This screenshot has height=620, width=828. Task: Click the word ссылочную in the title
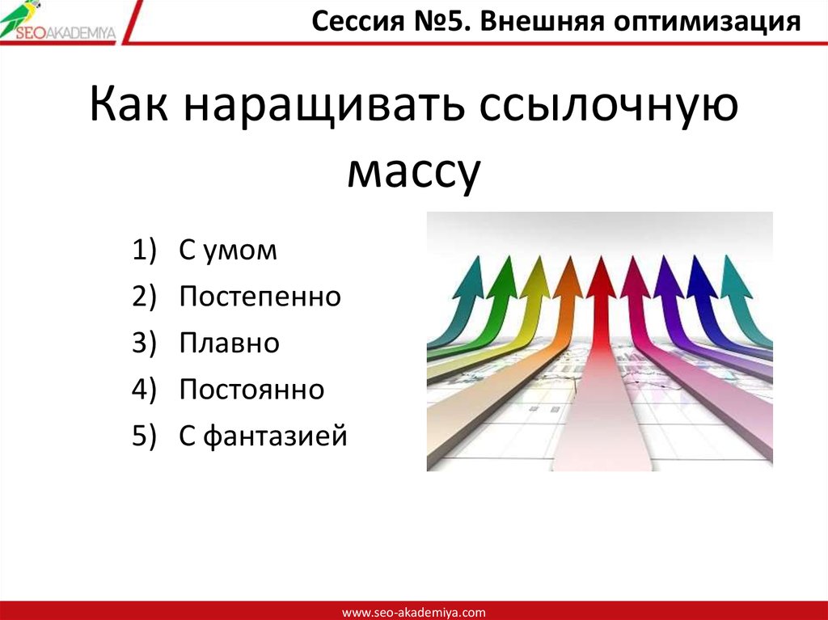609,110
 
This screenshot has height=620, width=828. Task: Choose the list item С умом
228,251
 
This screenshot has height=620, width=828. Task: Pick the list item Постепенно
260,297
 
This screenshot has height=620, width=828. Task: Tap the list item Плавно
229,344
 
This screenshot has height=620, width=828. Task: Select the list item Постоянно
251,390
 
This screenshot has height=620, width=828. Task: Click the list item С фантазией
263,437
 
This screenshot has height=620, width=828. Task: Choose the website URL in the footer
414,613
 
